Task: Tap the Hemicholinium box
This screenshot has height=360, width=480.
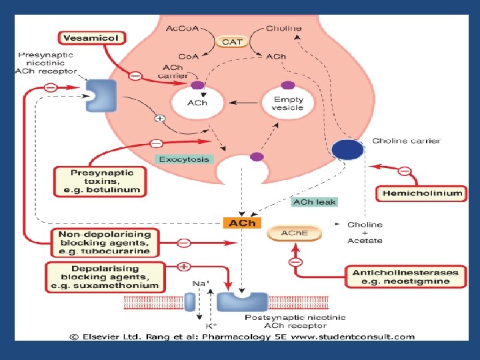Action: tap(422, 193)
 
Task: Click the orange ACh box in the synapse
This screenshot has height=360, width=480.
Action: tap(242, 223)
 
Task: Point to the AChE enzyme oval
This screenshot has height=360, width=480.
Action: tap(293, 233)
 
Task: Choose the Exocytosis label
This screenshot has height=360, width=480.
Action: tap(184, 159)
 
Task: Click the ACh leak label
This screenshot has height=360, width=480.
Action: tap(314, 201)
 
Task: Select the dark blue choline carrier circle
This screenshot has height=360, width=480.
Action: tap(347, 150)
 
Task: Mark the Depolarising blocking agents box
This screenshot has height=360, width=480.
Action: tap(105, 277)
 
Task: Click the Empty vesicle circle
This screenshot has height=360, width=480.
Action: tap(287, 103)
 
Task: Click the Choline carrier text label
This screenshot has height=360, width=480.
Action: tap(406, 141)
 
